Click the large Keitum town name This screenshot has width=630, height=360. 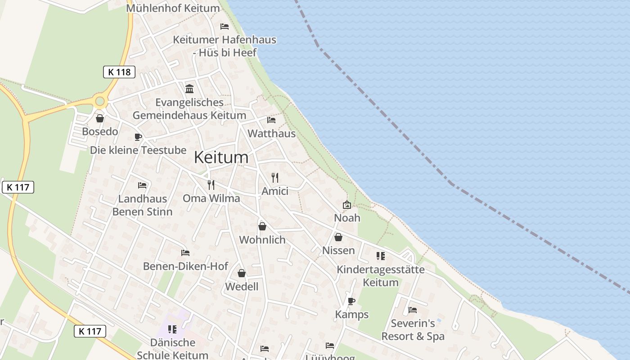[x=221, y=157]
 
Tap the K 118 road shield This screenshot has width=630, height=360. [x=119, y=72]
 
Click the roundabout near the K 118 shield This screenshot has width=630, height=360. [x=100, y=101]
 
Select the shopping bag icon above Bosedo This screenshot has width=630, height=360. [x=100, y=118]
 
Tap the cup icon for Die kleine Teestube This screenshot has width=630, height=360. [x=138, y=137]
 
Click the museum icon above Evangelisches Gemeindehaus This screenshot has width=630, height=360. [x=189, y=89]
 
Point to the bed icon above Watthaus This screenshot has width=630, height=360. [x=271, y=120]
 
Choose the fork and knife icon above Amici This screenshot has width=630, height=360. [x=275, y=178]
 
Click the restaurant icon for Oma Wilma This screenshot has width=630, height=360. [x=211, y=185]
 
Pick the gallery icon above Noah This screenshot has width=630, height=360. [x=347, y=205]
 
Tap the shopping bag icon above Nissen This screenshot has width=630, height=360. [x=338, y=237]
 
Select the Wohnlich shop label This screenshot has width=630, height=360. [x=262, y=240]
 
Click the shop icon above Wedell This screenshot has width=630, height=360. [x=242, y=273]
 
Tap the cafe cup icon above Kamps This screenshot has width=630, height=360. [x=351, y=301]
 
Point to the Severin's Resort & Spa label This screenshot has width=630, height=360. [x=413, y=330]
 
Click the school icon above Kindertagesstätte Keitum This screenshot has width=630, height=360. [x=381, y=256]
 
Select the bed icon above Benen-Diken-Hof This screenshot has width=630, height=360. [x=185, y=253]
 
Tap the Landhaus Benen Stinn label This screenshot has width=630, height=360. [x=142, y=205]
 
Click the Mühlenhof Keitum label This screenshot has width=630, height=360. [x=173, y=8]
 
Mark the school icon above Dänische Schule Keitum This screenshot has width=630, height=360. [x=172, y=329]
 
